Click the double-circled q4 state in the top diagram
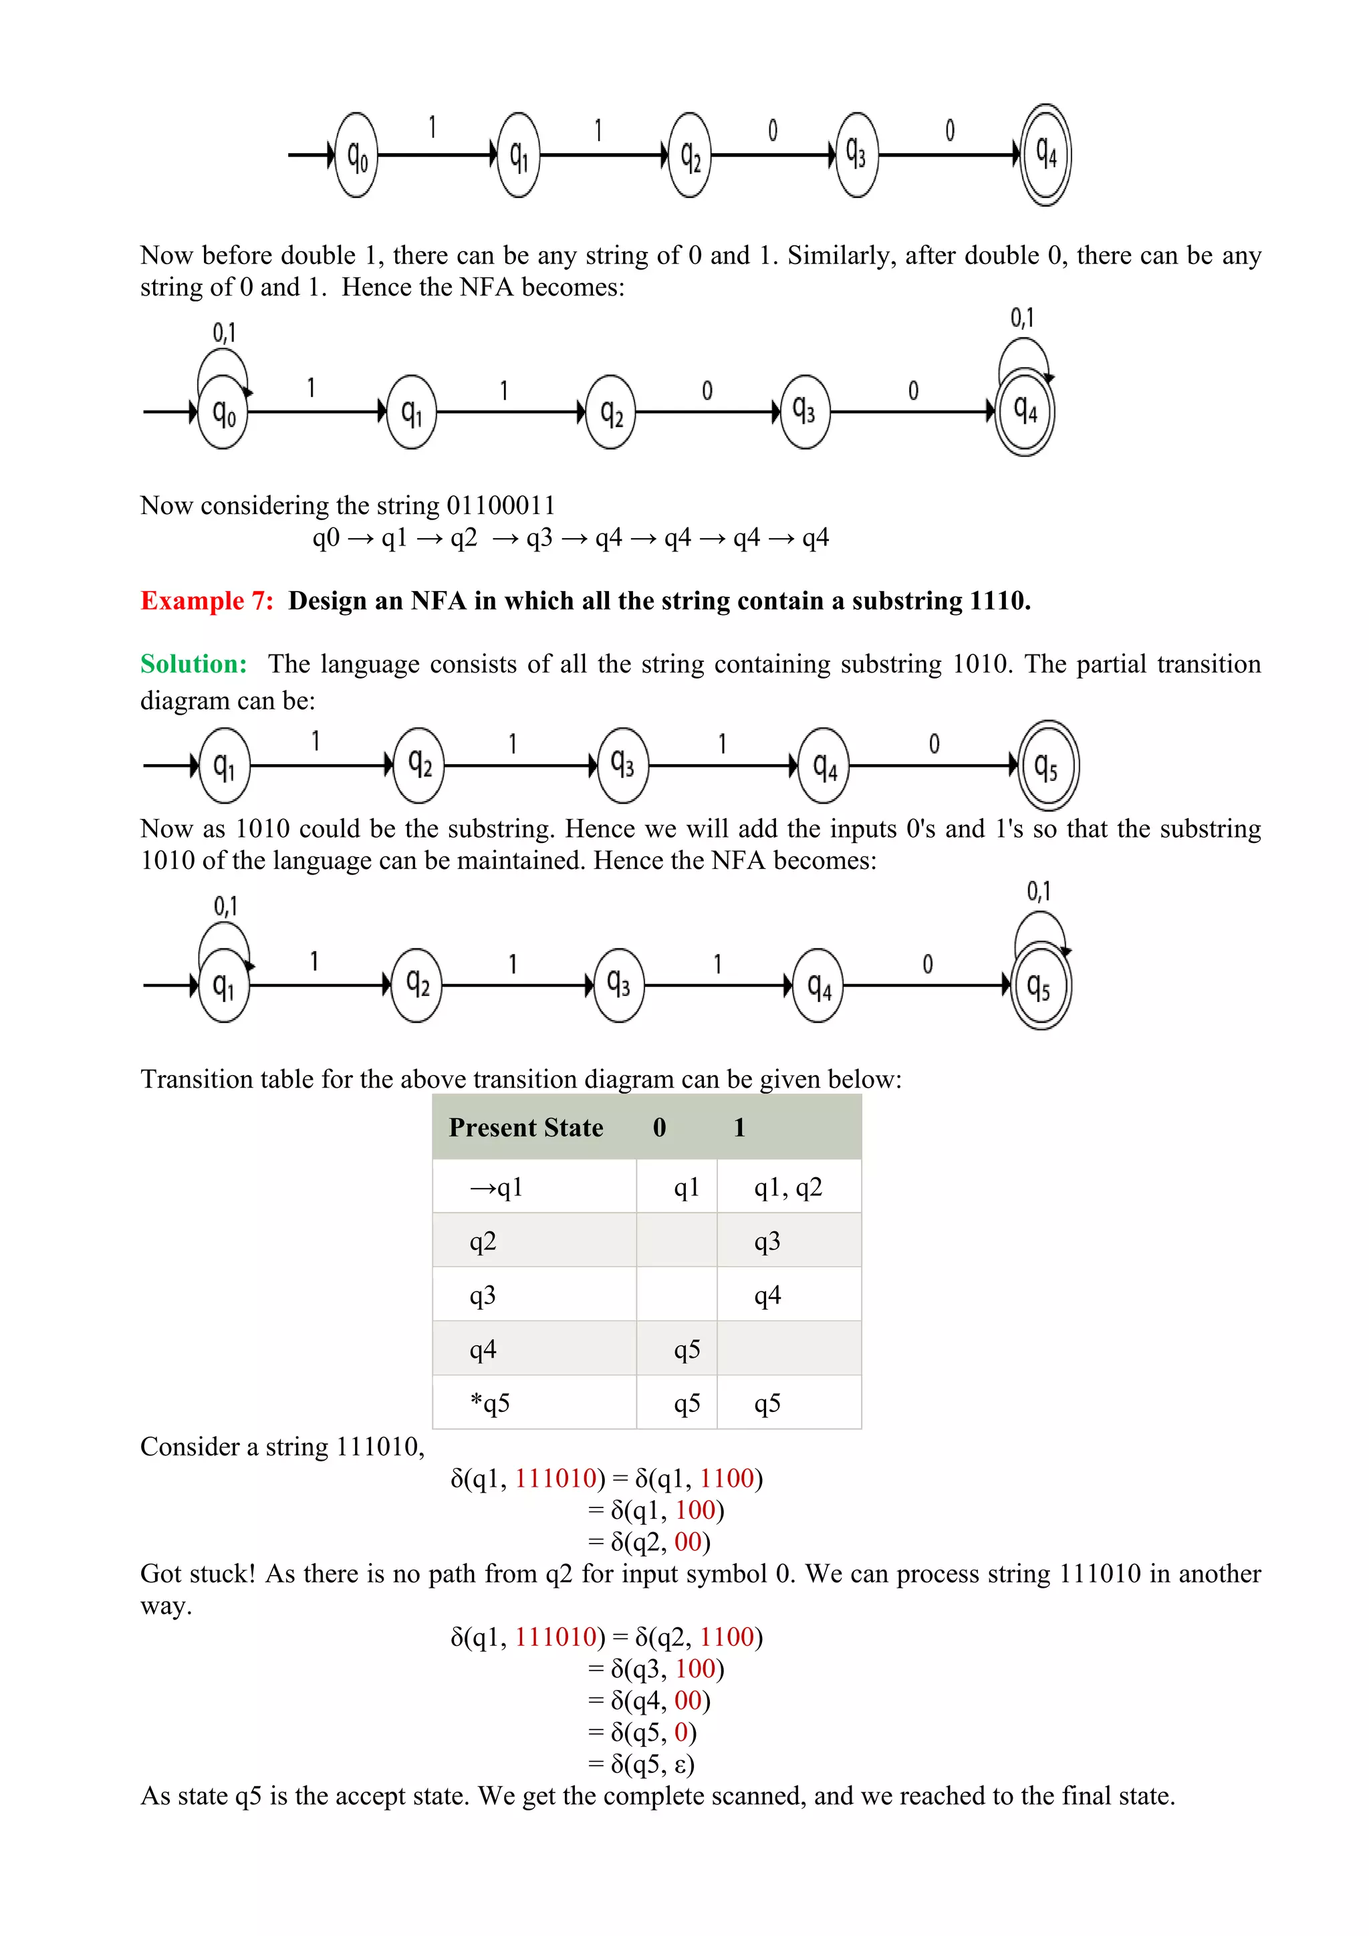pyautogui.click(x=1045, y=154)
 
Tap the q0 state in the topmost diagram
pyautogui.click(x=356, y=155)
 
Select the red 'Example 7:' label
pyautogui.click(x=207, y=600)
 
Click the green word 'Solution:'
pyautogui.click(x=194, y=664)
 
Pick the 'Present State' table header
pyautogui.click(x=525, y=1127)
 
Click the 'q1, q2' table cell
pyautogui.click(x=787, y=1187)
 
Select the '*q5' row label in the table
pyautogui.click(x=490, y=1403)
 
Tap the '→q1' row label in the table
pyautogui.click(x=497, y=1187)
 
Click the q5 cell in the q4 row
pyautogui.click(x=687, y=1350)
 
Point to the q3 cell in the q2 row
pyautogui.click(x=767, y=1241)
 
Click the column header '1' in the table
pyautogui.click(x=739, y=1127)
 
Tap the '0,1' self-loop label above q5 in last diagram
pyautogui.click(x=1039, y=890)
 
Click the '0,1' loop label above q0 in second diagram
pyautogui.click(x=224, y=332)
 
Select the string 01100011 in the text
pyautogui.click(x=501, y=505)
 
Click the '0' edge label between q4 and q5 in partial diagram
pyautogui.click(x=934, y=743)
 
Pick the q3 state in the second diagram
pyautogui.click(x=804, y=412)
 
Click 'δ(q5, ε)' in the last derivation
pyautogui.click(x=652, y=1764)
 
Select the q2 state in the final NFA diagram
pyautogui.click(x=417, y=985)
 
